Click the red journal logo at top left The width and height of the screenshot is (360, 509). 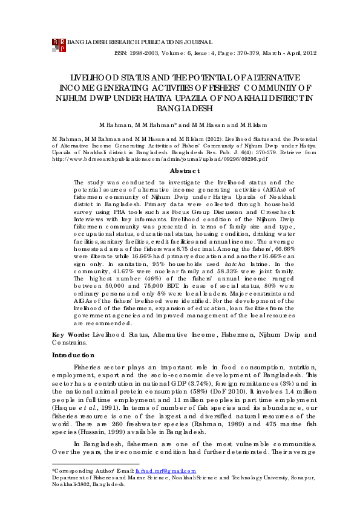pos(59,45)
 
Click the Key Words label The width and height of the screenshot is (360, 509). pos(67,334)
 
